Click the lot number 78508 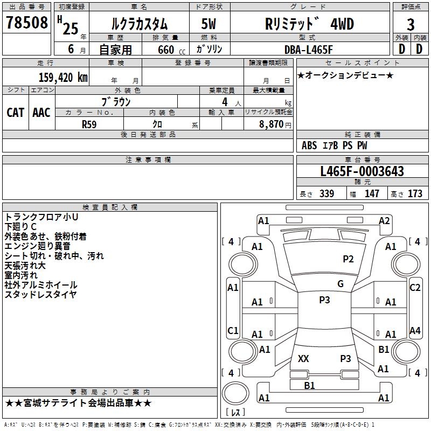(27, 23)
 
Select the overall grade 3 (411, 25)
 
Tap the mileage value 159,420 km (63, 78)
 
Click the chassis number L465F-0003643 (362, 171)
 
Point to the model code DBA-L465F (308, 50)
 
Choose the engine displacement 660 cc (171, 50)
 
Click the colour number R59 (89, 124)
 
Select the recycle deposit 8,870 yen (275, 124)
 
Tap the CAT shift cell (16, 113)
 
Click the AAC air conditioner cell (41, 113)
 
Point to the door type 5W (208, 24)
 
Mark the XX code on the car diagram (303, 358)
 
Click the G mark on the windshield (340, 284)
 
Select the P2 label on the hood (348, 259)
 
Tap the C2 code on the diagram (415, 288)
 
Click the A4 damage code (415, 330)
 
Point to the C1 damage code (233, 330)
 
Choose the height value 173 (415, 193)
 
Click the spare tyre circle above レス (235, 393)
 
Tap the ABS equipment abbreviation (309, 145)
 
